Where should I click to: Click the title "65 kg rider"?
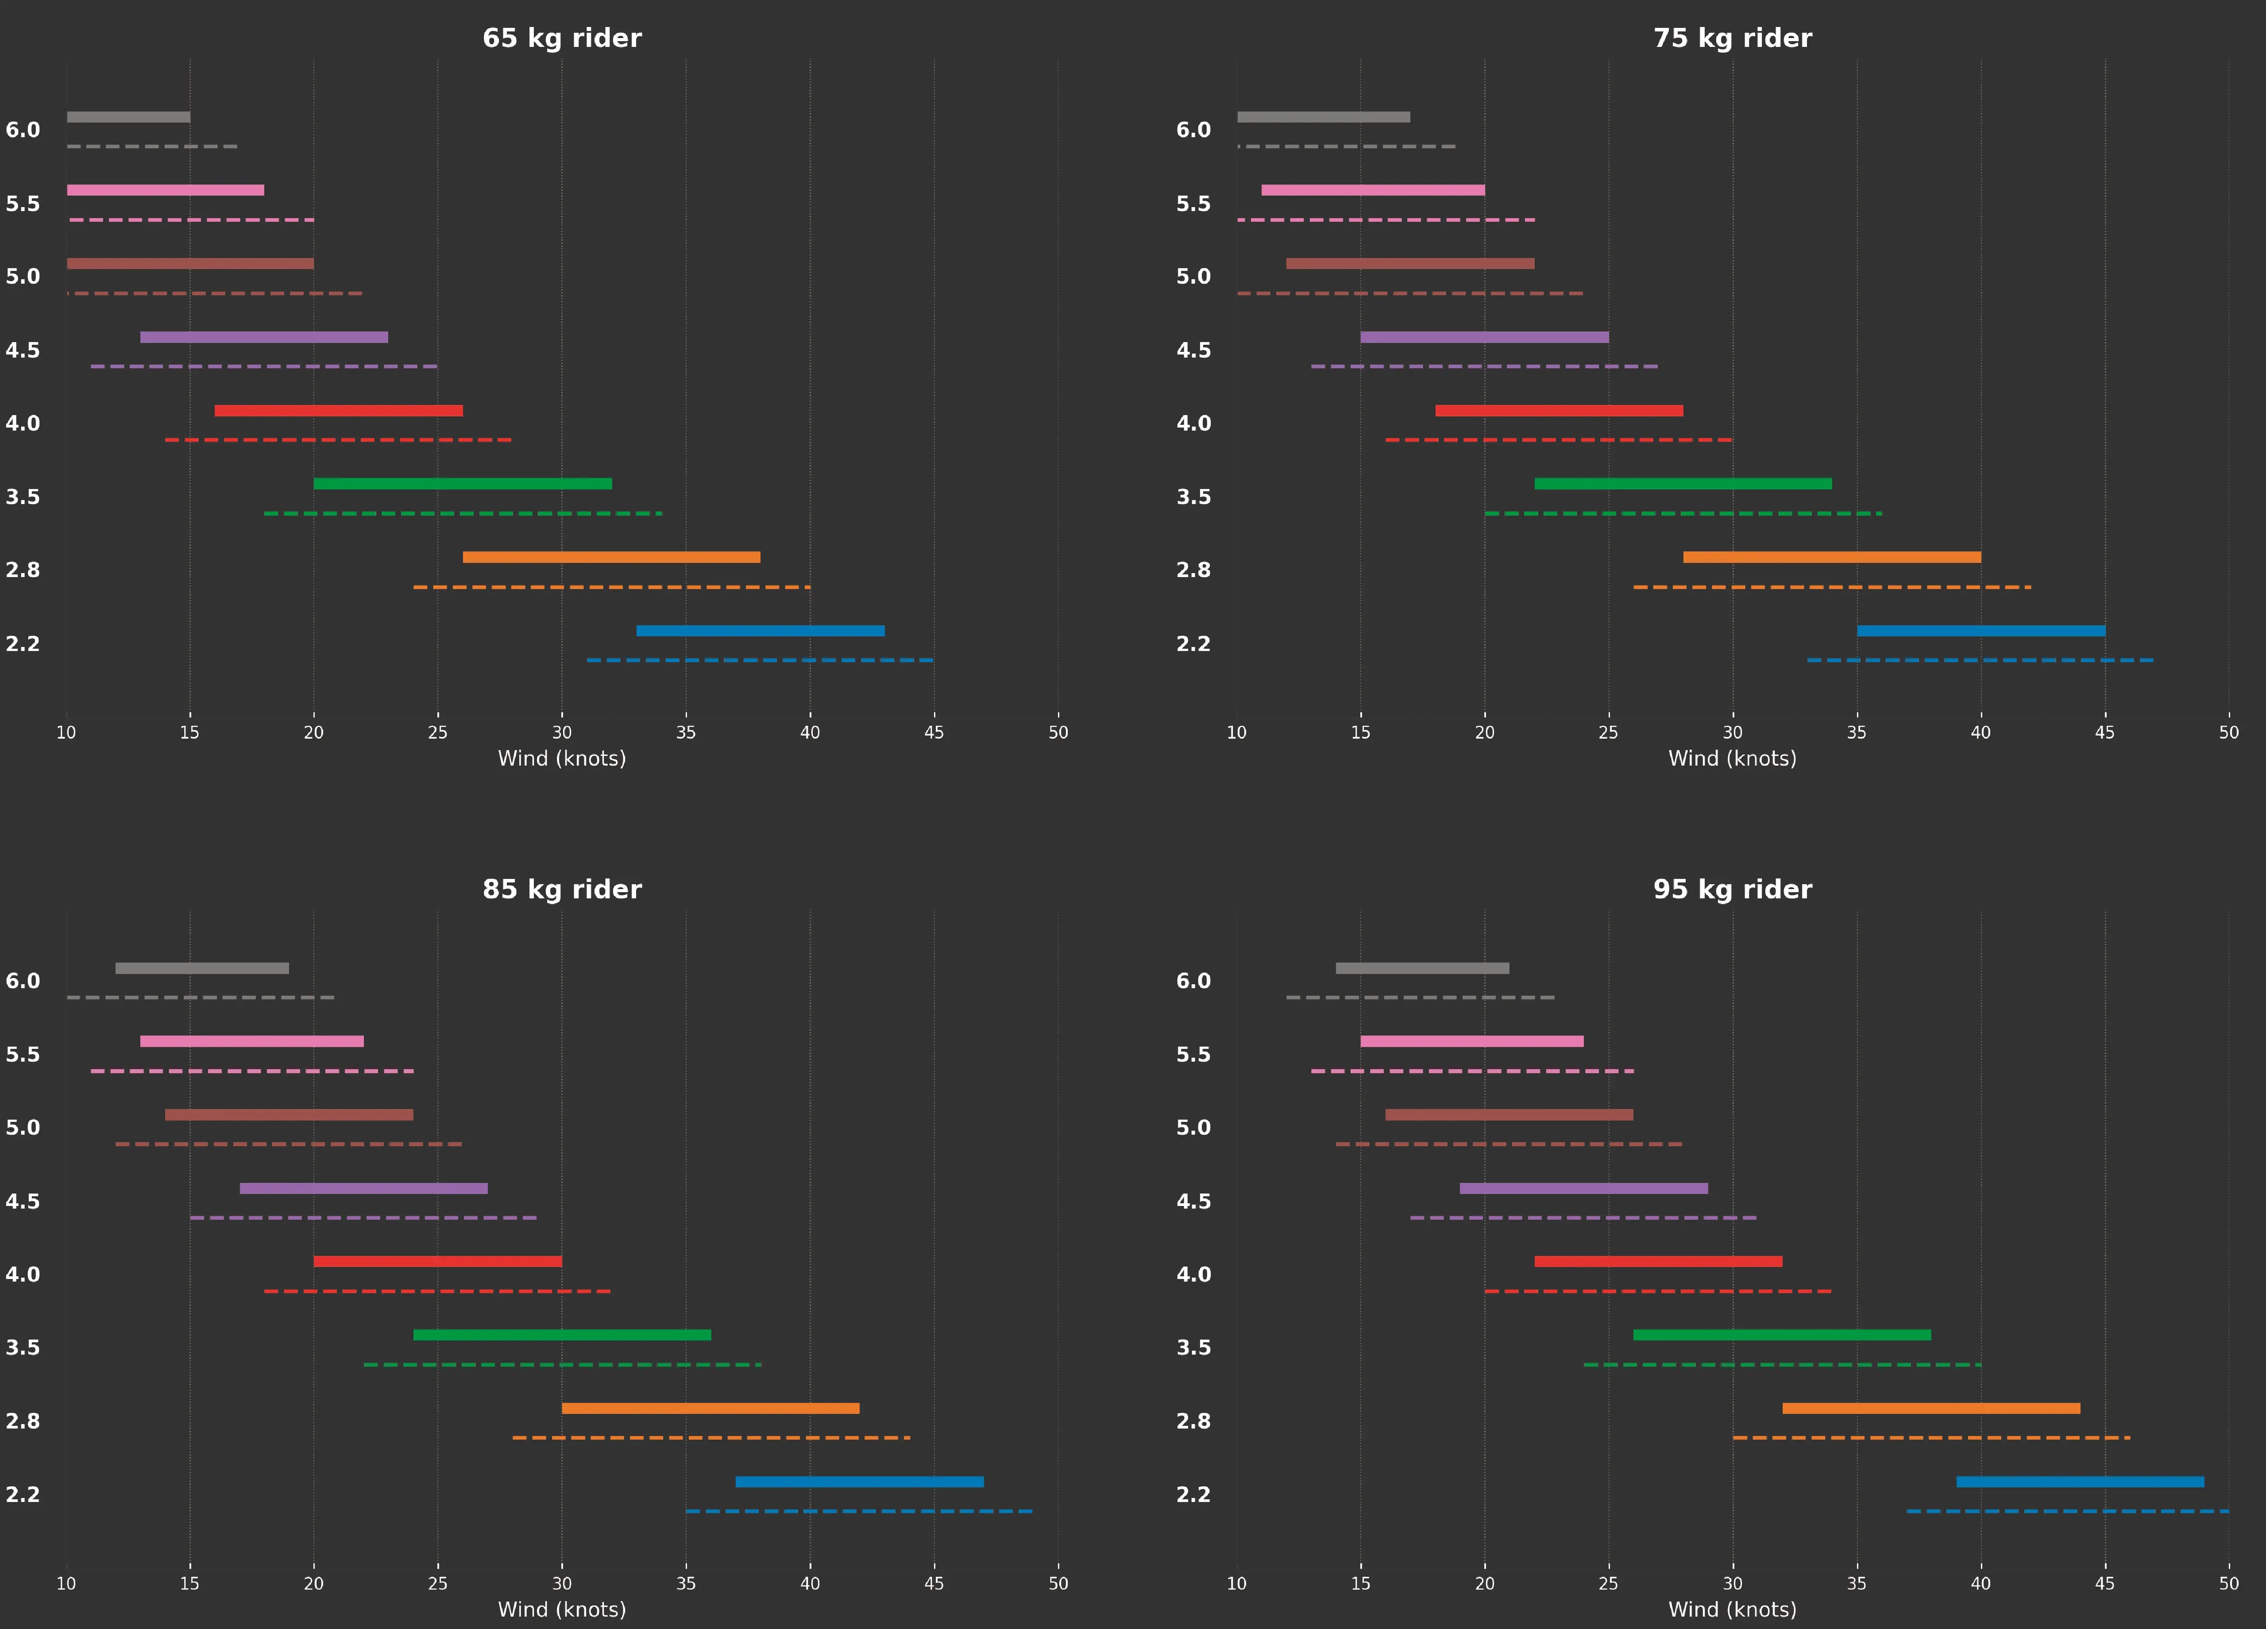(x=561, y=38)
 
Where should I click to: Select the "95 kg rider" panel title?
(x=1731, y=889)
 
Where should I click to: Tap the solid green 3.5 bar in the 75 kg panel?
(x=1683, y=483)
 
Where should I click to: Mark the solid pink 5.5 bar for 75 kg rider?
(x=1373, y=190)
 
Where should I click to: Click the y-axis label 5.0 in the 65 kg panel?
(x=23, y=277)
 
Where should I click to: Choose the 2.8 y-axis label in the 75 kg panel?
(x=1193, y=570)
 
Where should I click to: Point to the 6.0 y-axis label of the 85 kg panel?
(x=23, y=981)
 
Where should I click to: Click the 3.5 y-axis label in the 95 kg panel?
(x=1193, y=1348)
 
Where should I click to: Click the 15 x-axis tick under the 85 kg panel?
(x=190, y=1583)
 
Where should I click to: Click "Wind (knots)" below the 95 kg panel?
(x=1731, y=1609)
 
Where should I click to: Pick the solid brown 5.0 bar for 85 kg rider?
(x=289, y=1115)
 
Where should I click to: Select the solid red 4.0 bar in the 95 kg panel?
(x=1657, y=1261)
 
